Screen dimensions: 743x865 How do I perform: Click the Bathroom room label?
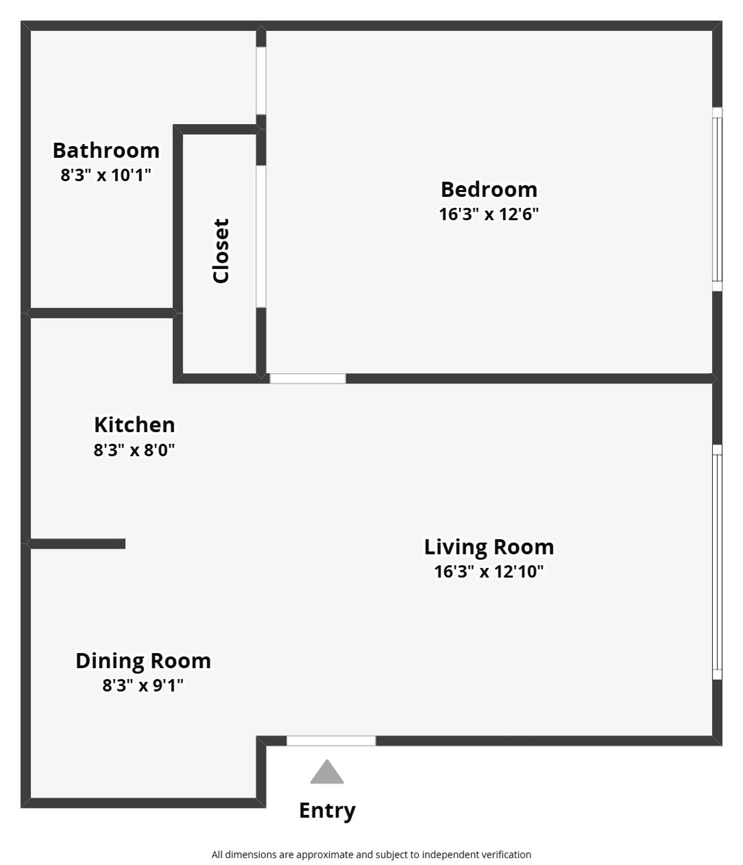(106, 151)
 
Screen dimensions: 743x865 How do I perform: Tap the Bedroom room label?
(489, 189)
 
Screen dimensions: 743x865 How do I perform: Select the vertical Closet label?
(220, 251)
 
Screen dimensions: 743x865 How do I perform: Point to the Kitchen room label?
(134, 425)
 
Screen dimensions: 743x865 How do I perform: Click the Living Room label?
(489, 547)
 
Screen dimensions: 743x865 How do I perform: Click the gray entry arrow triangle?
(327, 773)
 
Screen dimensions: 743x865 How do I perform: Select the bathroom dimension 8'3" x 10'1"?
(106, 175)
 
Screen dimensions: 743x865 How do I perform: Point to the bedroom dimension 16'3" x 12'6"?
(489, 214)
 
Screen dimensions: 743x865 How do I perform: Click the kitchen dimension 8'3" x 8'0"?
(134, 450)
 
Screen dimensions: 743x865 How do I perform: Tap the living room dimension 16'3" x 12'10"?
(489, 571)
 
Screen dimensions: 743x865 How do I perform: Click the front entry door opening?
(331, 741)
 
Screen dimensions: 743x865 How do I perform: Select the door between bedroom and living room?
(308, 378)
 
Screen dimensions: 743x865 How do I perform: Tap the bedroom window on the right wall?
(717, 199)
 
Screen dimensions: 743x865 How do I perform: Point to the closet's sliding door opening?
(261, 237)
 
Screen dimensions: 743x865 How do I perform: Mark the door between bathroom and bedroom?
(261, 81)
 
